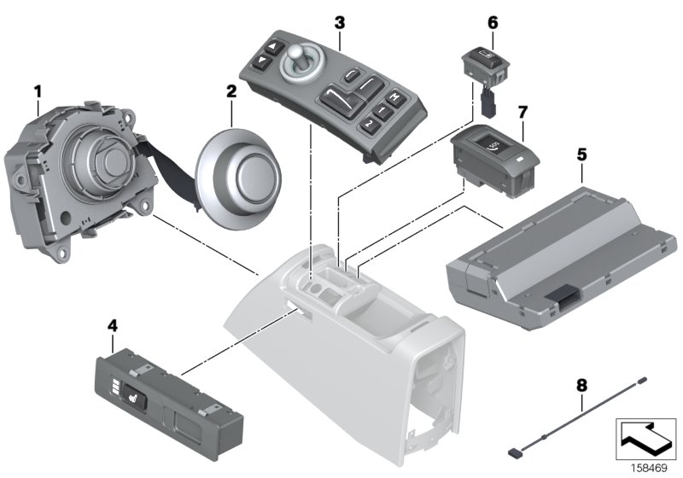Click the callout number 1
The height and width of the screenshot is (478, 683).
pyautogui.click(x=37, y=88)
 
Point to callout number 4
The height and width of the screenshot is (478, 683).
pyautogui.click(x=111, y=325)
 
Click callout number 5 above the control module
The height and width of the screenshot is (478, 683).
pyautogui.click(x=581, y=154)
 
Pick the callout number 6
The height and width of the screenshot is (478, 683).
pyautogui.click(x=492, y=22)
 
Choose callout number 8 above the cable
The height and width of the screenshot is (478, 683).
pyautogui.click(x=581, y=385)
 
